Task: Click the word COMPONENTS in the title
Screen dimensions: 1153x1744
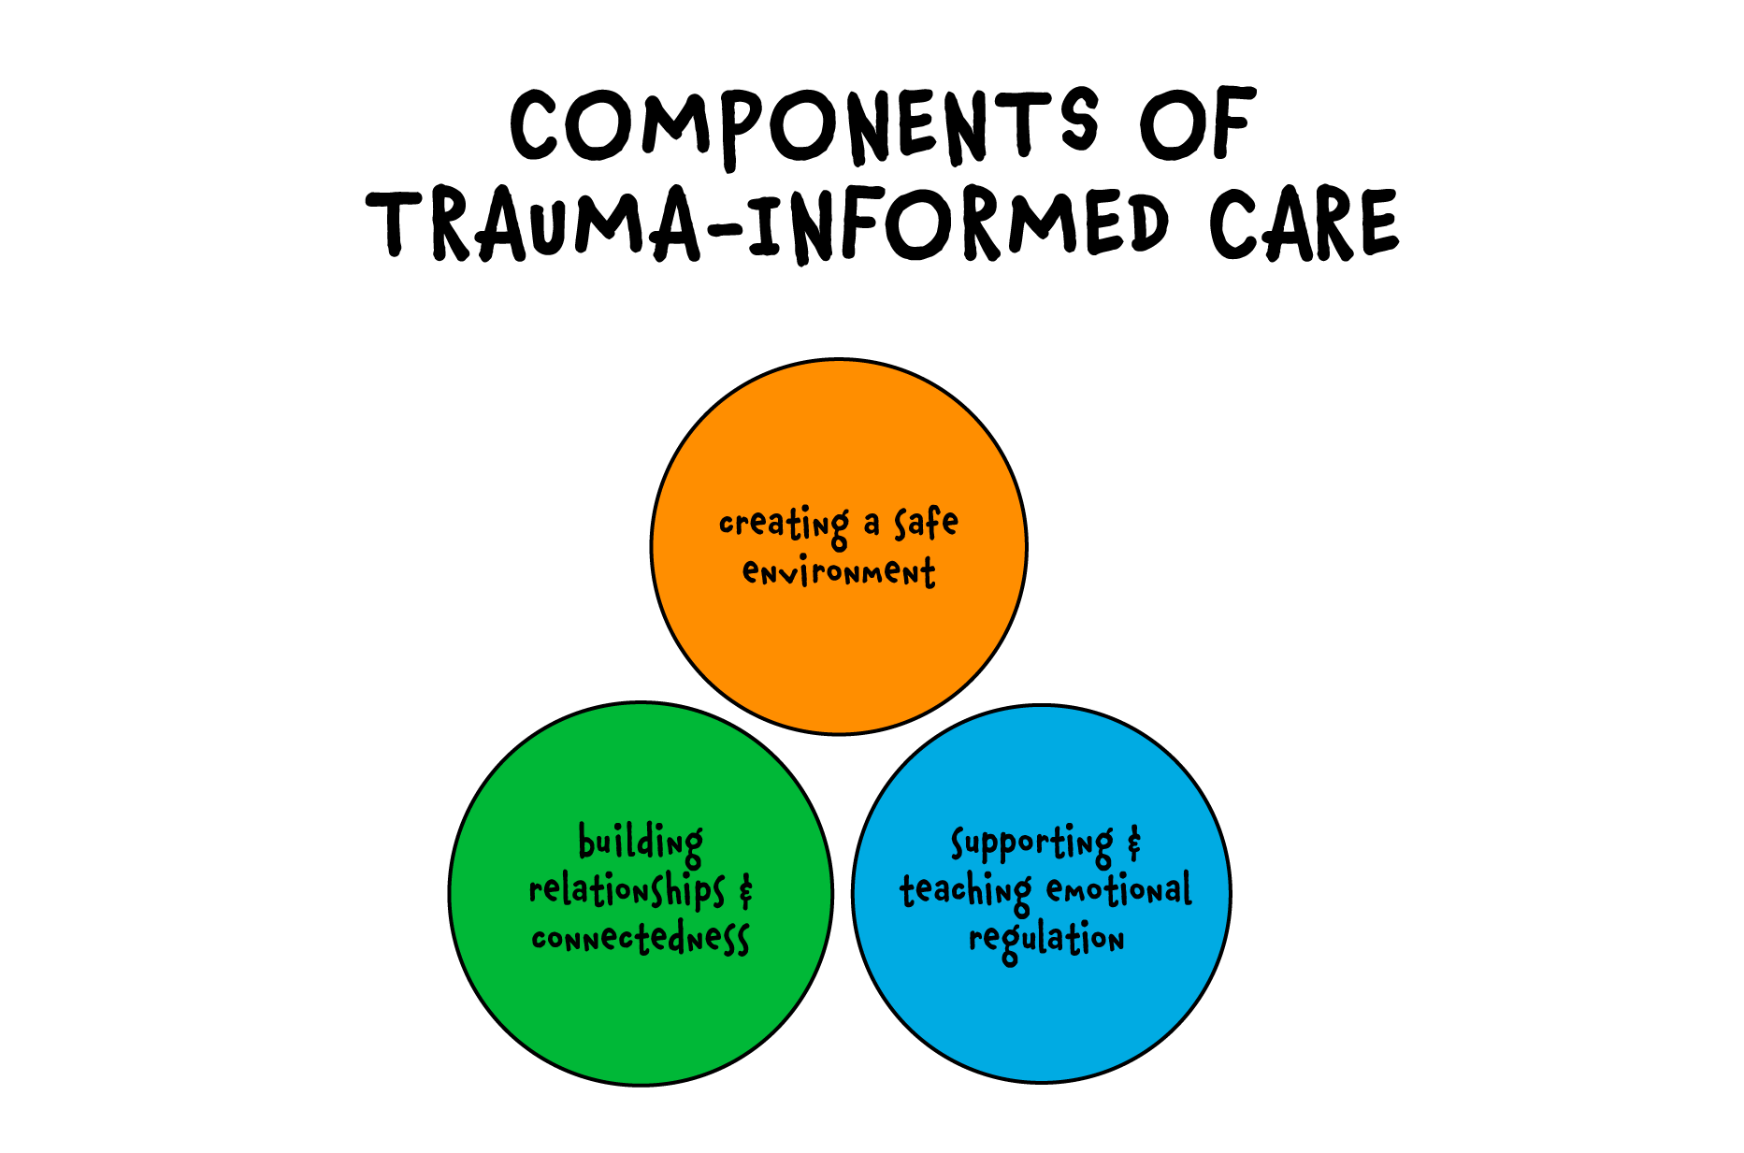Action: click(804, 126)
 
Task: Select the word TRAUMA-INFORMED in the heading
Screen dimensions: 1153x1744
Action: click(767, 224)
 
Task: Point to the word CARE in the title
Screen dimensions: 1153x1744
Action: click(1304, 224)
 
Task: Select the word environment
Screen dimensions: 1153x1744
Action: click(839, 571)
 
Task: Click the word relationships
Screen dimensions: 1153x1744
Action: click(627, 890)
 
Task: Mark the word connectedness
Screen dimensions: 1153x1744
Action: click(641, 937)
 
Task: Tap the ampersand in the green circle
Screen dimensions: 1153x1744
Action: click(745, 890)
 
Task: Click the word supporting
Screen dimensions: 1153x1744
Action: click(1031, 844)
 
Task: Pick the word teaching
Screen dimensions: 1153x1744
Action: click(965, 891)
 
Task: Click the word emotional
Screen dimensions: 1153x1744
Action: click(1119, 889)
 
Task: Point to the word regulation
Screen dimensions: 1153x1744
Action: click(1045, 939)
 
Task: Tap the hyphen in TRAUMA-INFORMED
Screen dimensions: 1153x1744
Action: click(723, 227)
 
